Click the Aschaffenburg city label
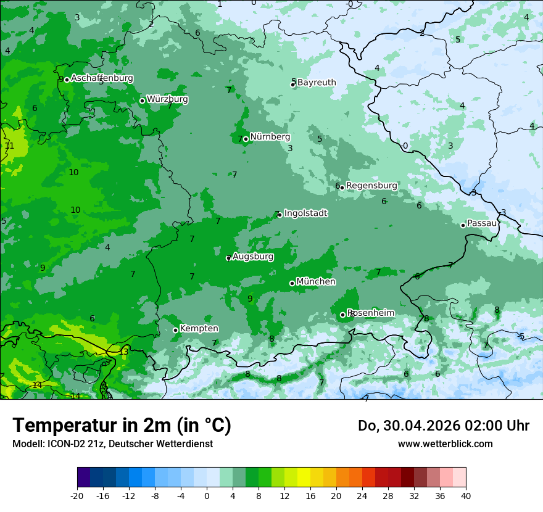[102, 78]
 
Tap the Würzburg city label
[167, 99]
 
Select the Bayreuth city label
[317, 83]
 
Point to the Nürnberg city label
[270, 137]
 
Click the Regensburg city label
[371, 186]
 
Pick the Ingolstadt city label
[305, 213]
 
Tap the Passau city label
[482, 223]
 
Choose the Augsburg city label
[253, 257]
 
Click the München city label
[316, 282]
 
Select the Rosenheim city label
[370, 313]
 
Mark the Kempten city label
[199, 329]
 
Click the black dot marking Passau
[463, 225]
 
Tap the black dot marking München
[292, 284]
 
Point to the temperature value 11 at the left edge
[9, 146]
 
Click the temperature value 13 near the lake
[124, 352]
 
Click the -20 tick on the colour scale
[77, 495]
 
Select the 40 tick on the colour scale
[466, 495]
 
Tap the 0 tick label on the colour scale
[207, 495]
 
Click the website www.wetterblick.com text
[445, 444]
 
